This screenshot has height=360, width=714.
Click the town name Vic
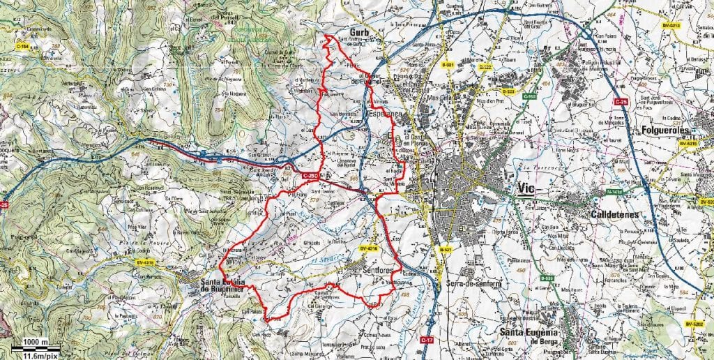(x=529, y=189)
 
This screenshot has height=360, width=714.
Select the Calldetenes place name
(x=614, y=215)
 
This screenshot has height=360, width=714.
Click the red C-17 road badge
(x=427, y=339)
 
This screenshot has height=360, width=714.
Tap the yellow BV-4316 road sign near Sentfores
(x=369, y=246)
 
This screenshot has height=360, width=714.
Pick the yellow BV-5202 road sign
(x=694, y=324)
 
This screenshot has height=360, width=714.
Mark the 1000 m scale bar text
(x=34, y=342)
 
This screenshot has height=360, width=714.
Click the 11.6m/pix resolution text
(x=34, y=354)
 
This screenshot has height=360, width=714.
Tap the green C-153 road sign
(x=531, y=96)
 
